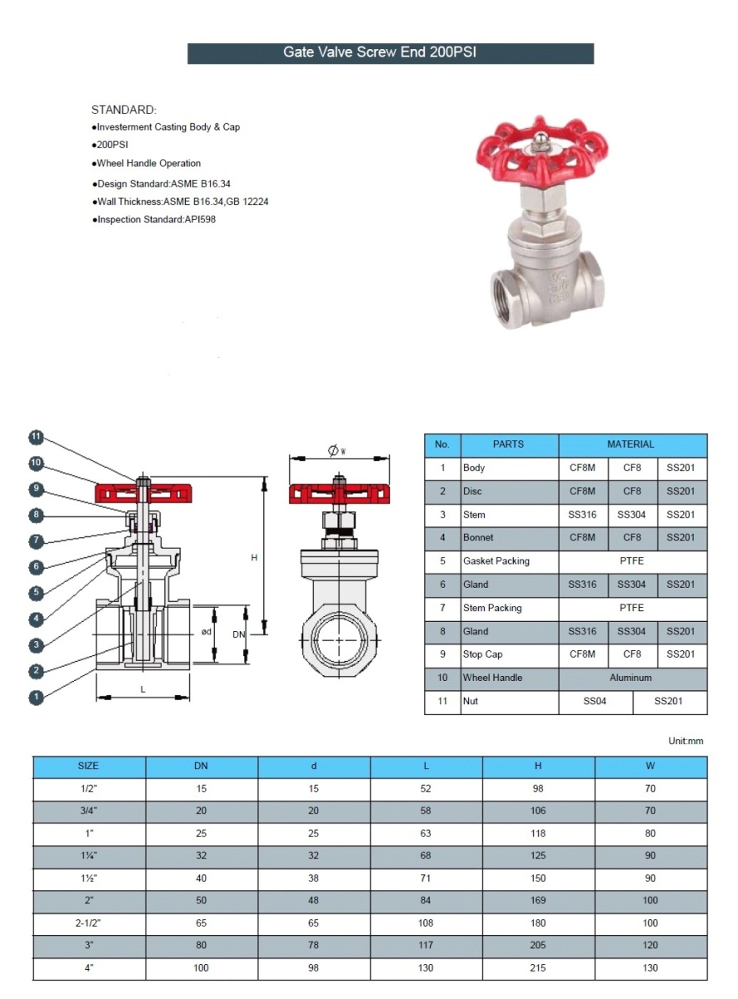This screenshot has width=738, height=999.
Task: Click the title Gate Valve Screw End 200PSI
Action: (x=391, y=52)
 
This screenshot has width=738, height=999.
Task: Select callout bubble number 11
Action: (x=35, y=438)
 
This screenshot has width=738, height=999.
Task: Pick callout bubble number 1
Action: (x=35, y=698)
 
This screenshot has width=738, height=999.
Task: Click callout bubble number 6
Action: (x=35, y=567)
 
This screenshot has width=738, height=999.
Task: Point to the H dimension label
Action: (x=254, y=558)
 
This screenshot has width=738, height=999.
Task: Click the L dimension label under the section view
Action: (x=142, y=689)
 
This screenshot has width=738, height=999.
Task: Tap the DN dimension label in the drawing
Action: (x=239, y=634)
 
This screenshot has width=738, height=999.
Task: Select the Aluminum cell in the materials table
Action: (x=631, y=678)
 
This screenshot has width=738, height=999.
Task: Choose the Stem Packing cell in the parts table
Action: (x=492, y=608)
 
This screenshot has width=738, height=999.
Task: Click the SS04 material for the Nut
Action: (x=595, y=701)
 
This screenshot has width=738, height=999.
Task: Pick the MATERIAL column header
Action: (x=631, y=445)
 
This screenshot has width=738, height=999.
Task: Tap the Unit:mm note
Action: (x=686, y=741)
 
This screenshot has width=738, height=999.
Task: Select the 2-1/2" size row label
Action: (x=88, y=922)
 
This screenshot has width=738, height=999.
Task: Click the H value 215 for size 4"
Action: (x=538, y=967)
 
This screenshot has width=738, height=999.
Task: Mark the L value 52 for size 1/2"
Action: (x=426, y=788)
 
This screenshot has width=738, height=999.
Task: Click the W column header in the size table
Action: (x=650, y=766)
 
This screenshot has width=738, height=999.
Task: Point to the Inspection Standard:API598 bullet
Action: (x=154, y=220)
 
